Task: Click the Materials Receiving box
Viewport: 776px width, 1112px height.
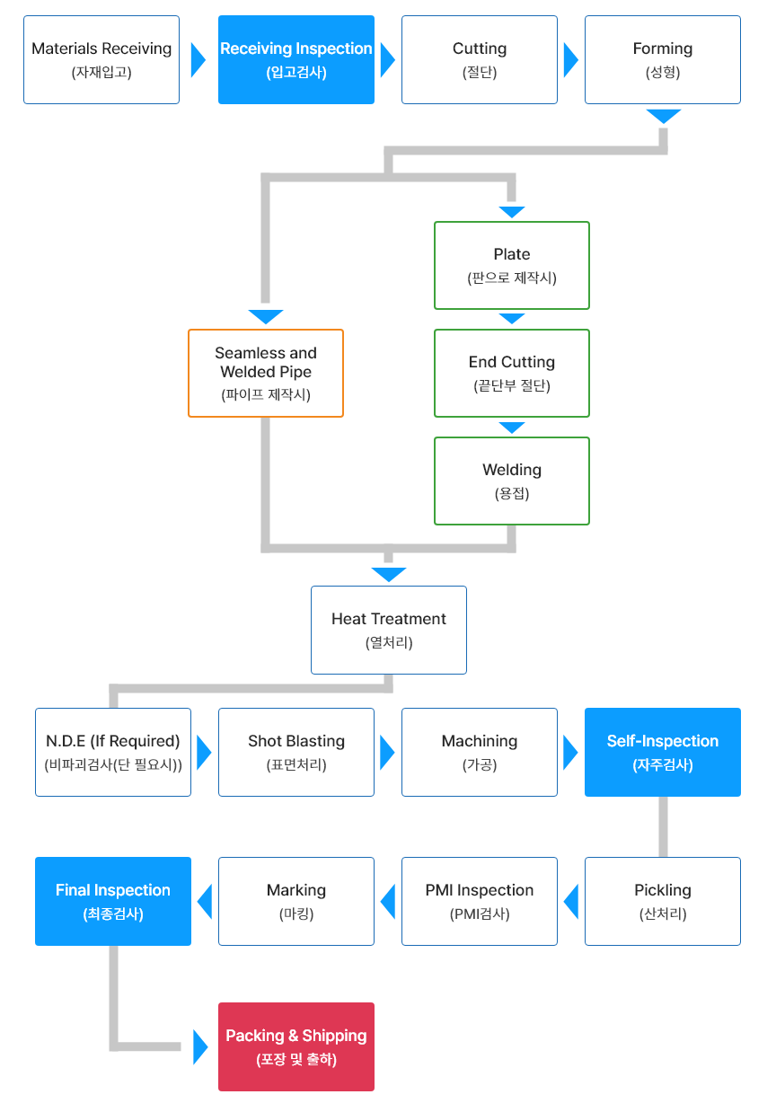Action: tap(101, 59)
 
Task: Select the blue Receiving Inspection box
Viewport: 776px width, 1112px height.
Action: tap(296, 59)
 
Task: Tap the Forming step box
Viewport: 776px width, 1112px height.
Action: tap(663, 59)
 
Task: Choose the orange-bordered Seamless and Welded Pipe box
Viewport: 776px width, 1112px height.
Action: tap(266, 374)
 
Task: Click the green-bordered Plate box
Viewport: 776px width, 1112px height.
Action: tap(512, 266)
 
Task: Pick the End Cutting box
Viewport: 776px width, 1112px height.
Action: tap(512, 374)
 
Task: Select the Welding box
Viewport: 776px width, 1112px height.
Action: tap(512, 481)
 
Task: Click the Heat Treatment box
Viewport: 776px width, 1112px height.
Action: tap(389, 630)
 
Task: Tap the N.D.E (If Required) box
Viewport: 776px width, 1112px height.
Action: tap(113, 752)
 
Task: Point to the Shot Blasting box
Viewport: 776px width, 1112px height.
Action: tap(296, 752)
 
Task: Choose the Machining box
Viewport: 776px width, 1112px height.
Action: tap(480, 752)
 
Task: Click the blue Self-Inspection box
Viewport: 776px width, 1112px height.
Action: tap(663, 752)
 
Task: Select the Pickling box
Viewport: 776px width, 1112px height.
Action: tap(663, 901)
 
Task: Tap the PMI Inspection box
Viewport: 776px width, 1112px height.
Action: tap(480, 901)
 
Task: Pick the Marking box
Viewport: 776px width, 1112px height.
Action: tap(296, 901)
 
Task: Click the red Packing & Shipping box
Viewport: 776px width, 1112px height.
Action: tap(296, 1046)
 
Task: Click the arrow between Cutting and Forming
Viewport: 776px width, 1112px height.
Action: tap(571, 59)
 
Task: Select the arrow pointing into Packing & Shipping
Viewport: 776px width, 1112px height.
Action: tap(200, 1047)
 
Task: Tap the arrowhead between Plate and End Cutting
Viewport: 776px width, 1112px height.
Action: tap(512, 318)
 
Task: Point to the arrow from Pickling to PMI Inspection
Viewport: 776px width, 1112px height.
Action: tap(571, 901)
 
